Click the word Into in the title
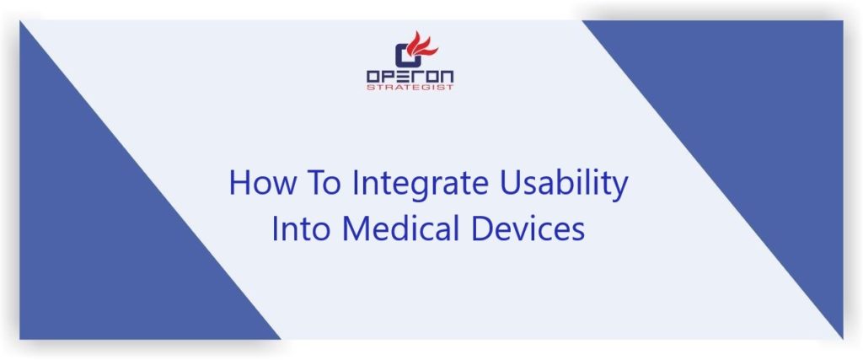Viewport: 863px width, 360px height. click(301, 229)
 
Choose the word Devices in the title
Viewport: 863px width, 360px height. click(528, 229)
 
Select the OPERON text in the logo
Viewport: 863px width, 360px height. click(410, 76)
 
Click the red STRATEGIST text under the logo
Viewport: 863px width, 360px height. click(410, 87)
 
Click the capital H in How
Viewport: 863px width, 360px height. click(239, 183)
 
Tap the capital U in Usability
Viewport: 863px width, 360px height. click(507, 183)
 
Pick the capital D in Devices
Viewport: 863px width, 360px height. click(480, 229)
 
